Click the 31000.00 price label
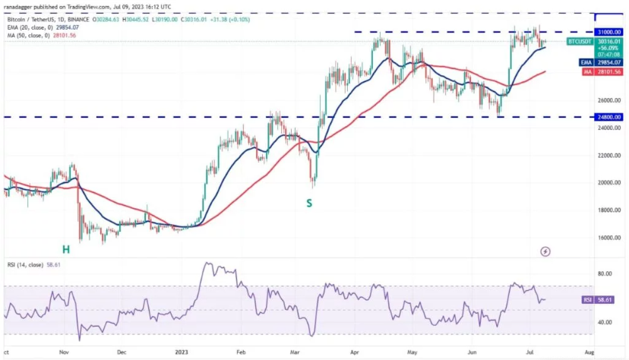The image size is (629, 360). [608, 32]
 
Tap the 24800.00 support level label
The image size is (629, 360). [608, 117]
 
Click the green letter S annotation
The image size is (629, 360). [309, 203]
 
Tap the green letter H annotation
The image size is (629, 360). [66, 249]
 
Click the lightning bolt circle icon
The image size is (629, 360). [545, 250]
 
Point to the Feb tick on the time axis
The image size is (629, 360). [241, 352]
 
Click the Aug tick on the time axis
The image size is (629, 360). [589, 352]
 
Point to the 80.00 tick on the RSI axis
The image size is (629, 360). [605, 273]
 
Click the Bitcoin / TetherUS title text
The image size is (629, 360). [34, 17]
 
